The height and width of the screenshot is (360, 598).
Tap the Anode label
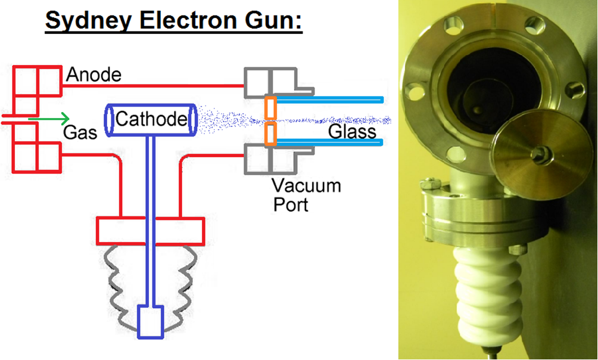point(94,75)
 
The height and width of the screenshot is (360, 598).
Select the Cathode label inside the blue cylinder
point(151,119)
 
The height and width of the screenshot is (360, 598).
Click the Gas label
point(80,132)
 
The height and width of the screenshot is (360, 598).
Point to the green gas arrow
point(49,119)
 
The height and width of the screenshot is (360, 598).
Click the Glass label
point(352,132)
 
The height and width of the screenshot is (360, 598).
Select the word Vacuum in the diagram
point(306,186)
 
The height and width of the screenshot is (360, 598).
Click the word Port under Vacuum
point(291,204)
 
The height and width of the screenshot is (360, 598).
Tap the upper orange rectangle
point(270,107)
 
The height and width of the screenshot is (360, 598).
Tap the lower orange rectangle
point(270,134)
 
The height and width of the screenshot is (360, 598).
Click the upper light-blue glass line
point(329,100)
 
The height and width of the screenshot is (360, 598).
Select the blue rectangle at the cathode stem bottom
point(150,322)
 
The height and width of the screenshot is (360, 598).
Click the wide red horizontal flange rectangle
point(150,231)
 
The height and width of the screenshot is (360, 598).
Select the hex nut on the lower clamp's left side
point(431,184)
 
